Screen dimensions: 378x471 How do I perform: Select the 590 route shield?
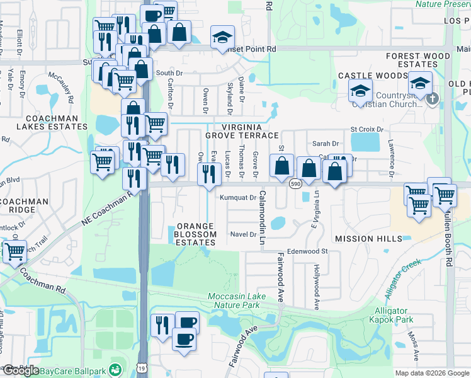[x=295, y=184]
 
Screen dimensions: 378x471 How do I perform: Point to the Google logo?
[x=20, y=370]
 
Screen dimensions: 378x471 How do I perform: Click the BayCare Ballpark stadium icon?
[x=115, y=370]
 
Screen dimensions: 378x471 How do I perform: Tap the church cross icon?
[x=432, y=99]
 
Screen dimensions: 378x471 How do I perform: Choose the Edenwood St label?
[x=308, y=251]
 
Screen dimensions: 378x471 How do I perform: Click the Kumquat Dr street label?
[x=237, y=197]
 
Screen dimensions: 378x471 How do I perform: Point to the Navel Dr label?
[x=244, y=234]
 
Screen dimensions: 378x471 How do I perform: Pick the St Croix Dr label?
[x=366, y=129]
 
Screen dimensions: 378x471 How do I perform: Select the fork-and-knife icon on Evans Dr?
[x=208, y=173]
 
